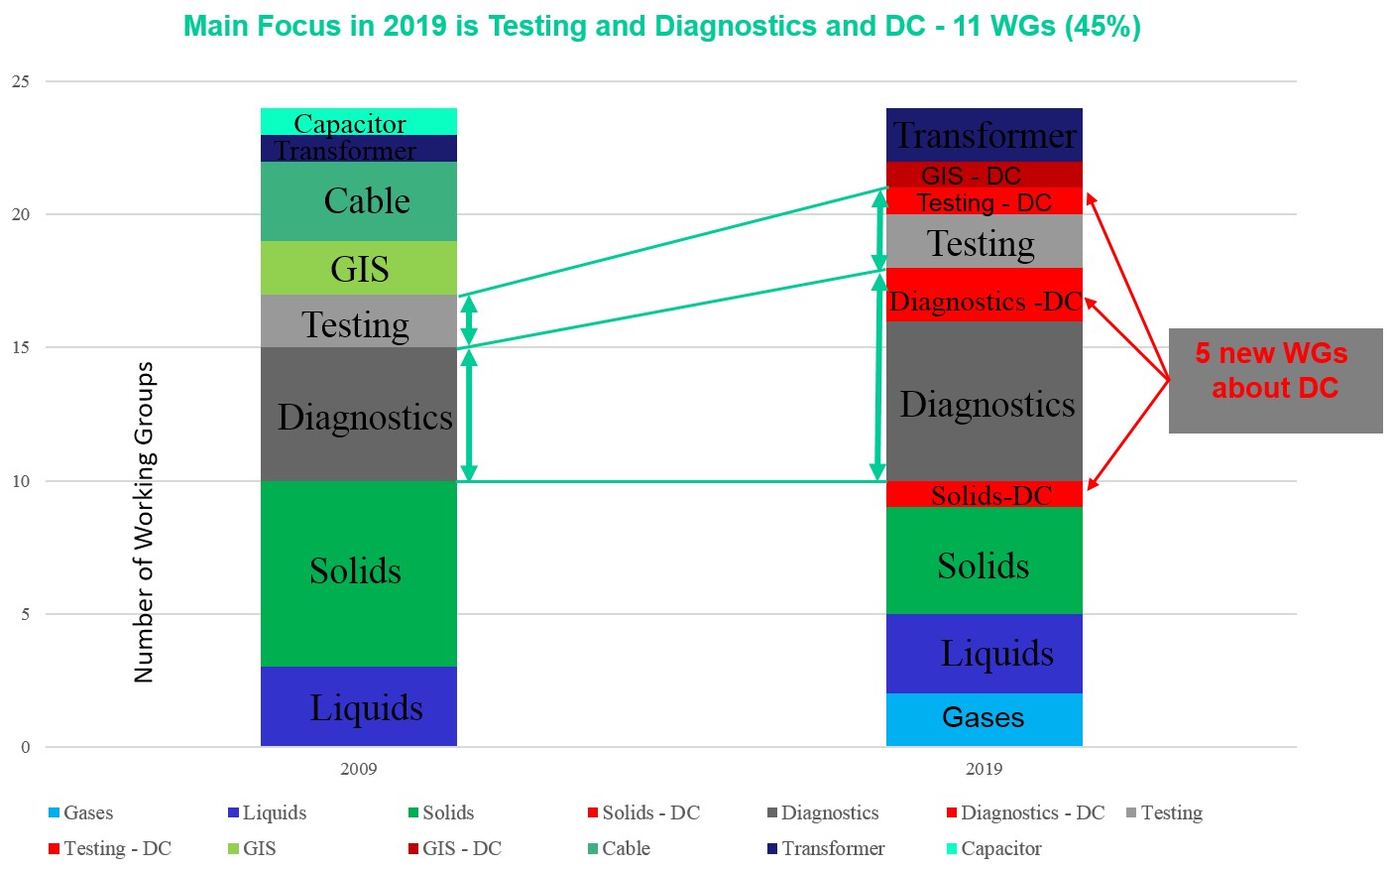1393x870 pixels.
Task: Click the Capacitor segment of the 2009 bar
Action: tap(358, 121)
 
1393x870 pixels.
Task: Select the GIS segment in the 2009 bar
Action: tap(358, 268)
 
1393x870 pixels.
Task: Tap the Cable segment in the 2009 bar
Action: tap(358, 201)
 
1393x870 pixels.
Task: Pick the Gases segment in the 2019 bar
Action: tap(984, 719)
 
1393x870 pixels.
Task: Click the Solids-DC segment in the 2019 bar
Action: tap(984, 494)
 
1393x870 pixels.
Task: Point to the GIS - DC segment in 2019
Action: tap(984, 175)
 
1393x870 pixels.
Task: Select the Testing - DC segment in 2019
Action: tap(984, 201)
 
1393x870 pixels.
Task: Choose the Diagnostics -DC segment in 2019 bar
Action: tap(984, 295)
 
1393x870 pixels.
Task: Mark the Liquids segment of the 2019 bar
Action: tap(984, 654)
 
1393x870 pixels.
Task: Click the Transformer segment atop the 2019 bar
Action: tap(984, 135)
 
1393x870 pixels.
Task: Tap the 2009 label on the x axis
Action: tap(358, 769)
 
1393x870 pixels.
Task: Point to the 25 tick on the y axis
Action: tap(21, 81)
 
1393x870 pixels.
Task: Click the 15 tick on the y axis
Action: tap(21, 347)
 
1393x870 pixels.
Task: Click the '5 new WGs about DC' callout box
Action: tap(1275, 381)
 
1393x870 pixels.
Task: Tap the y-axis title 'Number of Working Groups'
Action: tap(145, 522)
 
